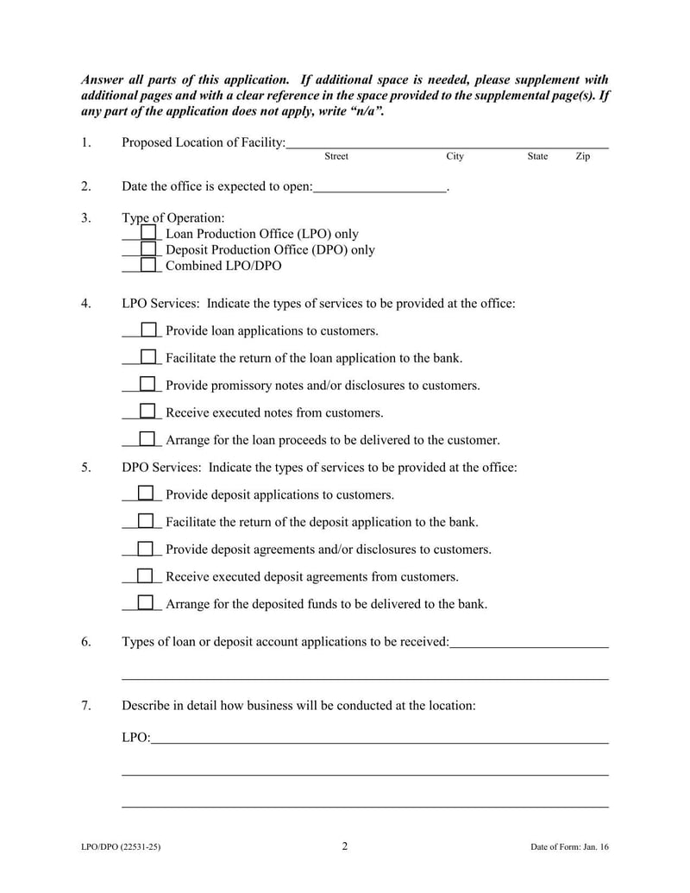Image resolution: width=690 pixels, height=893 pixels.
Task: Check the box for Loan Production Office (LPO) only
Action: [x=148, y=233]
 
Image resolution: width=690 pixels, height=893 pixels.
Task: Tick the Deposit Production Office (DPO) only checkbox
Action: [x=148, y=249]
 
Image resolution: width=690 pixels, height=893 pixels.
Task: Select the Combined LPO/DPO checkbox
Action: [x=148, y=265]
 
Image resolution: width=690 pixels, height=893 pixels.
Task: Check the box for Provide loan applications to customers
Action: [x=148, y=330]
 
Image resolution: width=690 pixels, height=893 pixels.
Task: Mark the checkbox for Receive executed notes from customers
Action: [x=147, y=412]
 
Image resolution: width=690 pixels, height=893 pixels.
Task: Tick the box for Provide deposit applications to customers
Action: [x=147, y=494]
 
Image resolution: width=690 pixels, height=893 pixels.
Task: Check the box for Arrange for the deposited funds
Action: [x=147, y=603]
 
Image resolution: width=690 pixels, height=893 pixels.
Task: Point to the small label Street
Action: [x=336, y=157]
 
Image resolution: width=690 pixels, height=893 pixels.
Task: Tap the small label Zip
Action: [x=583, y=157]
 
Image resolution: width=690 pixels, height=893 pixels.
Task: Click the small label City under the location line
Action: [x=455, y=157]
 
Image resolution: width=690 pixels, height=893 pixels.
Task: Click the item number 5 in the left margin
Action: [x=86, y=468]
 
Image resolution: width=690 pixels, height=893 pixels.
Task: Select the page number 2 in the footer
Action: [x=345, y=846]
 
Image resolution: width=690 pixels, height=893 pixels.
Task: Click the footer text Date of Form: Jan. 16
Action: [x=569, y=847]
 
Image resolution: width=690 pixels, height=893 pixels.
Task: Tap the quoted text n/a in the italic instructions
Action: [x=364, y=112]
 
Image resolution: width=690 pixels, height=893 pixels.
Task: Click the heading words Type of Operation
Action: [x=173, y=218]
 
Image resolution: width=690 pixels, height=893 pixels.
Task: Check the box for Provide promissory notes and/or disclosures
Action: [x=147, y=384]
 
